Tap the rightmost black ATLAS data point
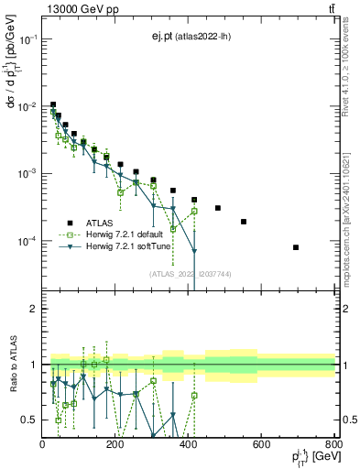pyautogui.click(x=296, y=247)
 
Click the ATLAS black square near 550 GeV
pyautogui.click(x=244, y=222)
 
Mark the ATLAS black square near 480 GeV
pyautogui.click(x=218, y=208)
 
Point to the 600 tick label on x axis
pyautogui.click(x=261, y=446)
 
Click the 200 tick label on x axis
pyautogui.click(x=115, y=446)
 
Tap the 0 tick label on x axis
pyautogui.click(x=43, y=446)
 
